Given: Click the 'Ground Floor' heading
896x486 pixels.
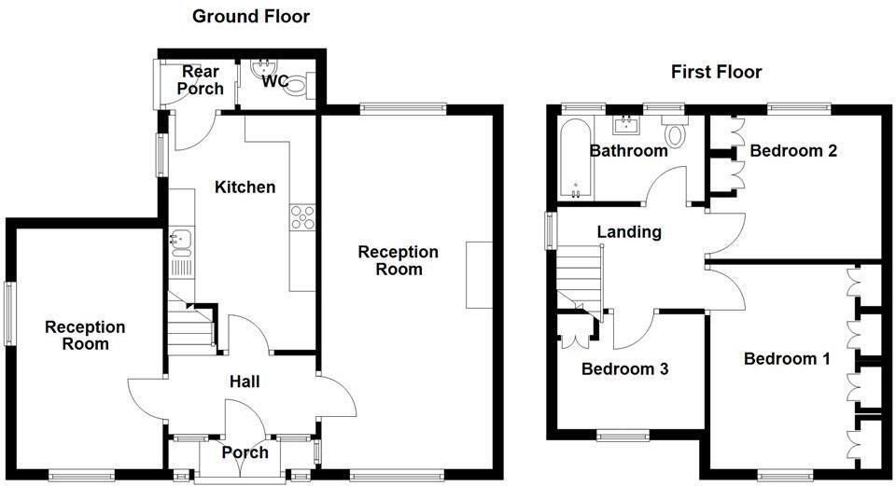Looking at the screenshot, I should (250, 16).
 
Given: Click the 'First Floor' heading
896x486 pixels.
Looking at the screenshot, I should (716, 72).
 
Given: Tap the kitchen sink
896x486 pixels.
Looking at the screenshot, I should (179, 241).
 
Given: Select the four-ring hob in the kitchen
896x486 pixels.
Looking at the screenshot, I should (302, 217).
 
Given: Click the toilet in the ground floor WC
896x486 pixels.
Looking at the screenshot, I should (297, 88).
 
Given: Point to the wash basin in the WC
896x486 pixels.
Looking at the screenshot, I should (260, 67).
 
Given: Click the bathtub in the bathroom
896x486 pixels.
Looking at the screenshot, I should (574, 158).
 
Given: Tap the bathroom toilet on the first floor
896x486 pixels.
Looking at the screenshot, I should (676, 132).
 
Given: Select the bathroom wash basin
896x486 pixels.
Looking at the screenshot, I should (625, 125).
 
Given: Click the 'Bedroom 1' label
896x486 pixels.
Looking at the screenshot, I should (786, 358).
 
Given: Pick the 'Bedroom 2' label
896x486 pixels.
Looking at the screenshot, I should (792, 150).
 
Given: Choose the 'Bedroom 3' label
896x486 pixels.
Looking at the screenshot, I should (624, 368).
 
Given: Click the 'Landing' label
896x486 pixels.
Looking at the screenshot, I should (629, 232).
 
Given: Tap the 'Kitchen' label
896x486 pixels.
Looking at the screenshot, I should (245, 187).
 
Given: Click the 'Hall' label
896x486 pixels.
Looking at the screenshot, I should (245, 382).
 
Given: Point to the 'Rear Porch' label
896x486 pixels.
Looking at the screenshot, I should (202, 80).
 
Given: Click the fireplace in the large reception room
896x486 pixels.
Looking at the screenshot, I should (478, 275).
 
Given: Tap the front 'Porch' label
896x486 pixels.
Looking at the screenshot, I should (245, 452).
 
